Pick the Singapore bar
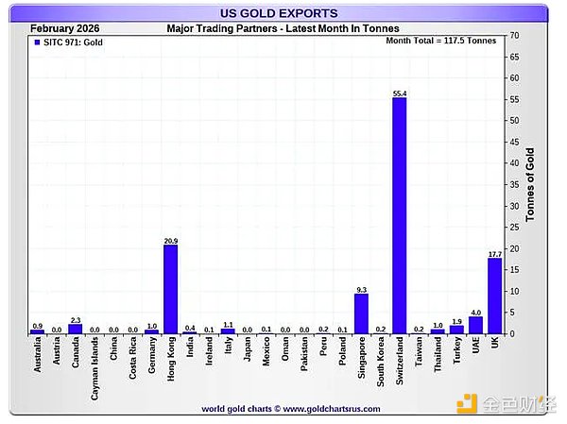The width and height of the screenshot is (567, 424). pyautogui.click(x=361, y=314)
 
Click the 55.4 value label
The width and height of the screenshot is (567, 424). pyautogui.click(x=399, y=93)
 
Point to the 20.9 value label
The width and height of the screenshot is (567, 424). pyautogui.click(x=170, y=241)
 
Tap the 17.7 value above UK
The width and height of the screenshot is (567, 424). pyautogui.click(x=494, y=254)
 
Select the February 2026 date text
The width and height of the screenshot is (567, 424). pyautogui.click(x=65, y=28)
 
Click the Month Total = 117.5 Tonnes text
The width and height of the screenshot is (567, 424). pyautogui.click(x=441, y=41)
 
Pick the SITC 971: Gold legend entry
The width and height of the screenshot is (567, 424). pyautogui.click(x=69, y=42)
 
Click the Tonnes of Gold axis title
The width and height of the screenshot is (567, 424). pyautogui.click(x=530, y=184)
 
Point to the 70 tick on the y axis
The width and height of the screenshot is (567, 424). pyautogui.click(x=514, y=35)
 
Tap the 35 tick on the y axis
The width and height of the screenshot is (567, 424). pyautogui.click(x=514, y=184)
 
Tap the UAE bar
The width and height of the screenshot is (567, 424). pyautogui.click(x=475, y=325)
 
